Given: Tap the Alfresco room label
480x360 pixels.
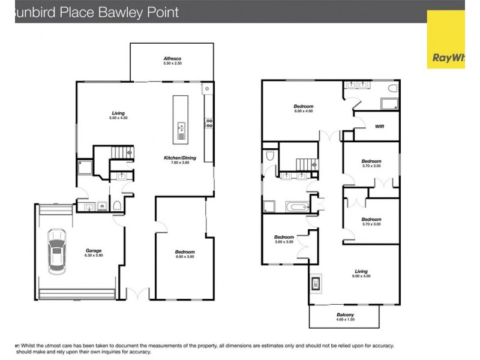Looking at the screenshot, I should [x=172, y=58].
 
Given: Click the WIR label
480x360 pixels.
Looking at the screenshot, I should [x=379, y=127].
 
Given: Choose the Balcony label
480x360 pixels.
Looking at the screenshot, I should [x=344, y=315].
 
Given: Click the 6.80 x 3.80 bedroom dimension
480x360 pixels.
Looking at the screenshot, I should [x=184, y=257].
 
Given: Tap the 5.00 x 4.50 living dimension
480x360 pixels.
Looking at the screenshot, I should [x=119, y=118].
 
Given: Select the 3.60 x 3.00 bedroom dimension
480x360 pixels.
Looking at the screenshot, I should [x=284, y=242].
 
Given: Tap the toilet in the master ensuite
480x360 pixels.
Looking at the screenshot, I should [x=393, y=89].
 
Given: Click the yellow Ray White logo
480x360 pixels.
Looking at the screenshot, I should [x=446, y=39].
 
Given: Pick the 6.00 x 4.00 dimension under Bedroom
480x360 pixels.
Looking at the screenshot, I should [x=304, y=112].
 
